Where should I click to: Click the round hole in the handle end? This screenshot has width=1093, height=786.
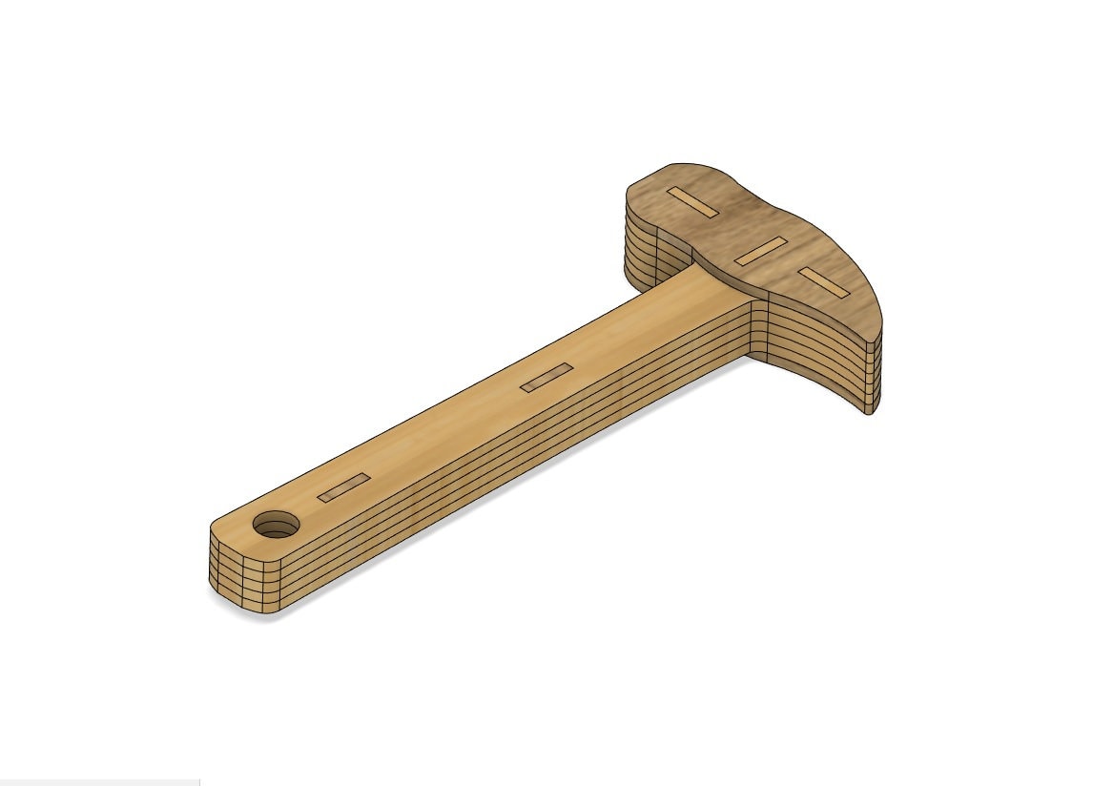pos(276,524)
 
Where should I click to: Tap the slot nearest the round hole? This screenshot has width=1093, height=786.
pos(343,487)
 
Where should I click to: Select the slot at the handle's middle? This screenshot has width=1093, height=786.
pos(546,377)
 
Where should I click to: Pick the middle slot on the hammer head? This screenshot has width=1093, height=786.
pos(761,251)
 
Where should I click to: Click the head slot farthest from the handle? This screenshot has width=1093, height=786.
pos(692,202)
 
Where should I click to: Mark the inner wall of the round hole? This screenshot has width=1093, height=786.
pos(277,520)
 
